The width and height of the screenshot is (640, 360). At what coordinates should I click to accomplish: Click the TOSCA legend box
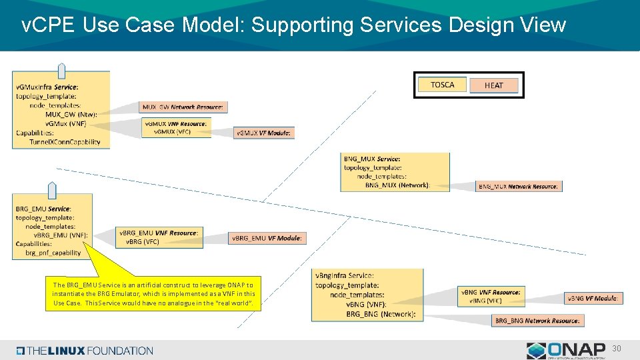442,85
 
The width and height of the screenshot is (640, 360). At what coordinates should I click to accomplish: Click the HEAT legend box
494,85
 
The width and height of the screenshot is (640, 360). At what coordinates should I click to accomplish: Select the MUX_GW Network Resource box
184,107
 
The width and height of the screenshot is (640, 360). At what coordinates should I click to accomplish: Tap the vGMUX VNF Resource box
177,127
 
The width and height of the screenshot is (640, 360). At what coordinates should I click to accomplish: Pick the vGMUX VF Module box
264,133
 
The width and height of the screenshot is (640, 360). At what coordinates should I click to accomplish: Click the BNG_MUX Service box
395,172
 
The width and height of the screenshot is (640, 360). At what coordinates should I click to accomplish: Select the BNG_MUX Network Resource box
519,186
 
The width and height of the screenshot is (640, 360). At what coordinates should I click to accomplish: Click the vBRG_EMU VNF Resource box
159,237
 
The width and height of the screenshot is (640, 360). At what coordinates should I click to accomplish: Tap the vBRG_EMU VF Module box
267,238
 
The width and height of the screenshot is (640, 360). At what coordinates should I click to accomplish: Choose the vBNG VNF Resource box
491,296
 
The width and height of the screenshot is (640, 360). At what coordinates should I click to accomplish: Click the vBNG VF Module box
593,298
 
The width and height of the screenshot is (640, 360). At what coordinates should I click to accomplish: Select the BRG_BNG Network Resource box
538,321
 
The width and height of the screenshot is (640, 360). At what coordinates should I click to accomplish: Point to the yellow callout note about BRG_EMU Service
153,294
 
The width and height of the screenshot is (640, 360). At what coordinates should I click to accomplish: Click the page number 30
617,348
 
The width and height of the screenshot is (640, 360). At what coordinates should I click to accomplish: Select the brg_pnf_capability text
53,253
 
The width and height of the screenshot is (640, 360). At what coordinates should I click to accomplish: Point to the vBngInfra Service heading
343,275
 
